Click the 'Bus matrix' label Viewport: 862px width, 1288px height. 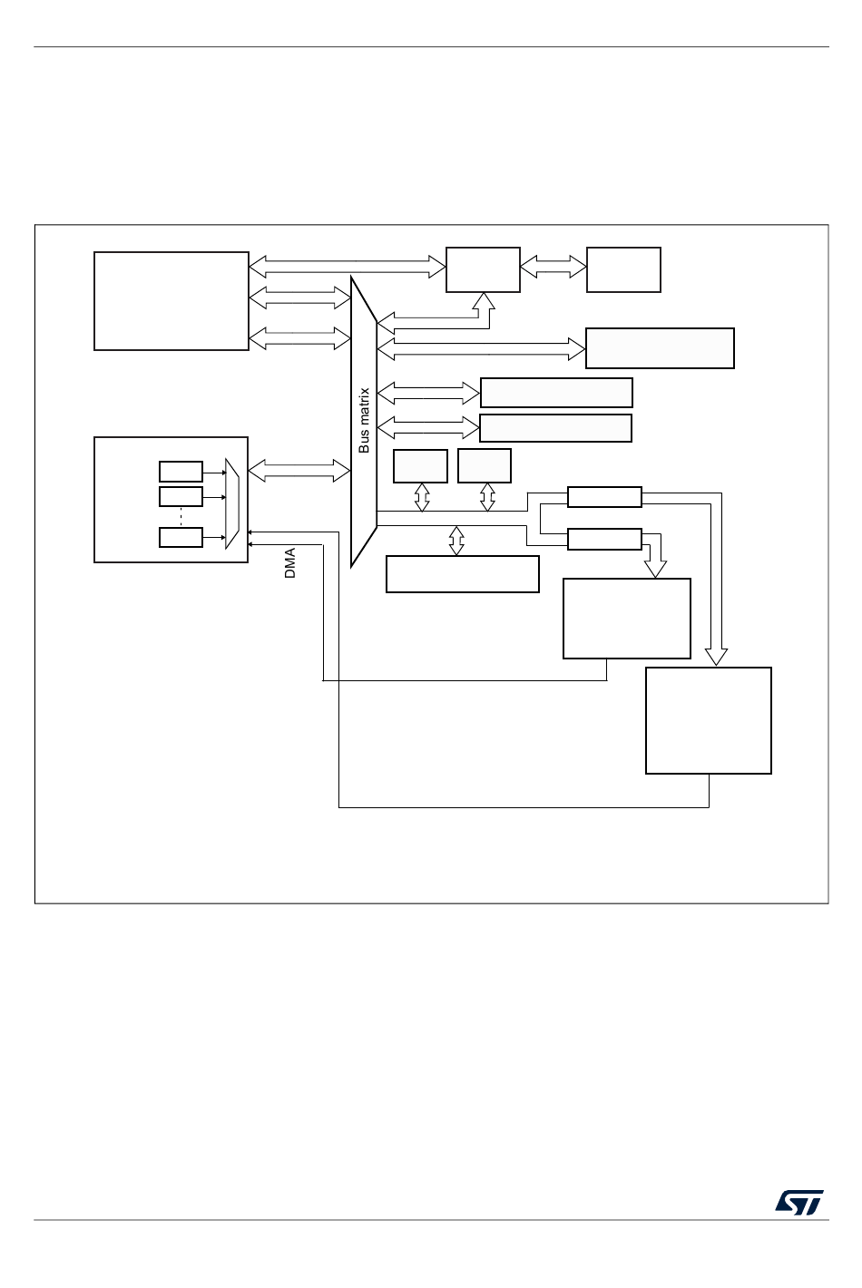365,421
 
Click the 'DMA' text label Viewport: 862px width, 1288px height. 290,563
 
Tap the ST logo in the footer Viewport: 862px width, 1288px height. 798,1203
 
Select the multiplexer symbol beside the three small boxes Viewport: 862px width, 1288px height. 232,503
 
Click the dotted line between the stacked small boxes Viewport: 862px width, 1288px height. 181,516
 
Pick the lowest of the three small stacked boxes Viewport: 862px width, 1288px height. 181,537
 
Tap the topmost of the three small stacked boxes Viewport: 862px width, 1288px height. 181,472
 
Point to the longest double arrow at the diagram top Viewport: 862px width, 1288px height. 348,266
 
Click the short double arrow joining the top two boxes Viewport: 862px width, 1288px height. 553,267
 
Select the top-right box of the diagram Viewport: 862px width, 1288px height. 623,269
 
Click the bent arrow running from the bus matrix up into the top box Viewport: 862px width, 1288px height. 484,312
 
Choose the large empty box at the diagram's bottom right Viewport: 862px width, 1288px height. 708,720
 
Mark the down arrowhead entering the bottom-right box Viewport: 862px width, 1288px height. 716,657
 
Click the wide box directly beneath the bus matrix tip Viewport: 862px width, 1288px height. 463,574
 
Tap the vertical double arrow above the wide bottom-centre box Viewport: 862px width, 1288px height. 456,541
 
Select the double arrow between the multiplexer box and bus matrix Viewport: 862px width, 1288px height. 299,470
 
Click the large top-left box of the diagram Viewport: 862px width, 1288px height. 171,301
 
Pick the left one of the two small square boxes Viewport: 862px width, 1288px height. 420,466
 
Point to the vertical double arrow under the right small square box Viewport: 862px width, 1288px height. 487,496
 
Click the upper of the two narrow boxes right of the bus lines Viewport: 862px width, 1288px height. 604,497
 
